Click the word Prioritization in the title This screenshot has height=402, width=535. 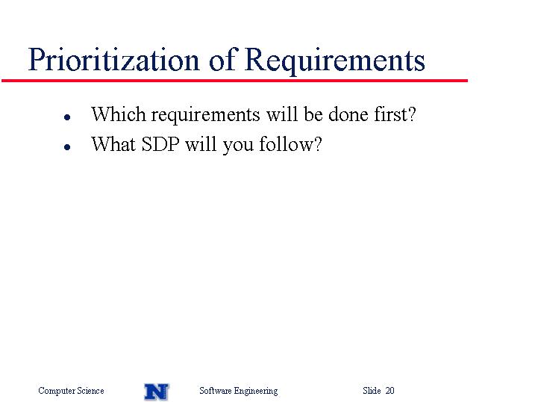(x=113, y=59)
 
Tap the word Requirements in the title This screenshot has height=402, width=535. (x=335, y=61)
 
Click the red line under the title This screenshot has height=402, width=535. (x=234, y=81)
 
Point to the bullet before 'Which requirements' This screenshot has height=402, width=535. (x=67, y=117)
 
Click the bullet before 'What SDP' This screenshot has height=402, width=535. (x=67, y=147)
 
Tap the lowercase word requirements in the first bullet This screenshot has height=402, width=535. (x=206, y=115)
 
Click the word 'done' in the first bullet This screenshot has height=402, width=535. (x=348, y=114)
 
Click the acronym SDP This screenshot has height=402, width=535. (x=160, y=144)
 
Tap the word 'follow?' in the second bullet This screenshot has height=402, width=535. (x=290, y=143)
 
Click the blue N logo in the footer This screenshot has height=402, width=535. (x=157, y=392)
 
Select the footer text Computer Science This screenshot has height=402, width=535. (x=71, y=391)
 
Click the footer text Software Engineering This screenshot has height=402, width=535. (x=239, y=391)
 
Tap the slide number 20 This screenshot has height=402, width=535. (x=389, y=390)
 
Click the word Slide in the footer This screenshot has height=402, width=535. (x=372, y=390)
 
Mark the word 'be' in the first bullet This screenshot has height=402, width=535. (x=313, y=114)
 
